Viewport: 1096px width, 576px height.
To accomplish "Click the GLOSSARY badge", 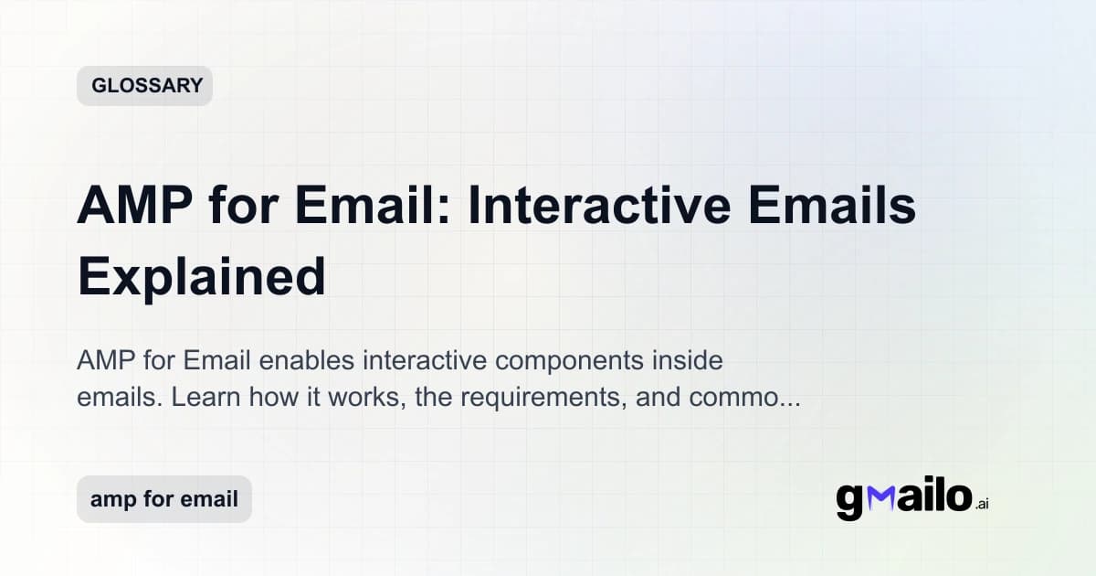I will point(144,86).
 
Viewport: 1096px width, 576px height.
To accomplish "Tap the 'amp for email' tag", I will point(163,499).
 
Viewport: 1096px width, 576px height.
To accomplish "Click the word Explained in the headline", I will point(202,275).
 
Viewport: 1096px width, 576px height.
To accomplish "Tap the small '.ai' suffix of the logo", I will point(981,504).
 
